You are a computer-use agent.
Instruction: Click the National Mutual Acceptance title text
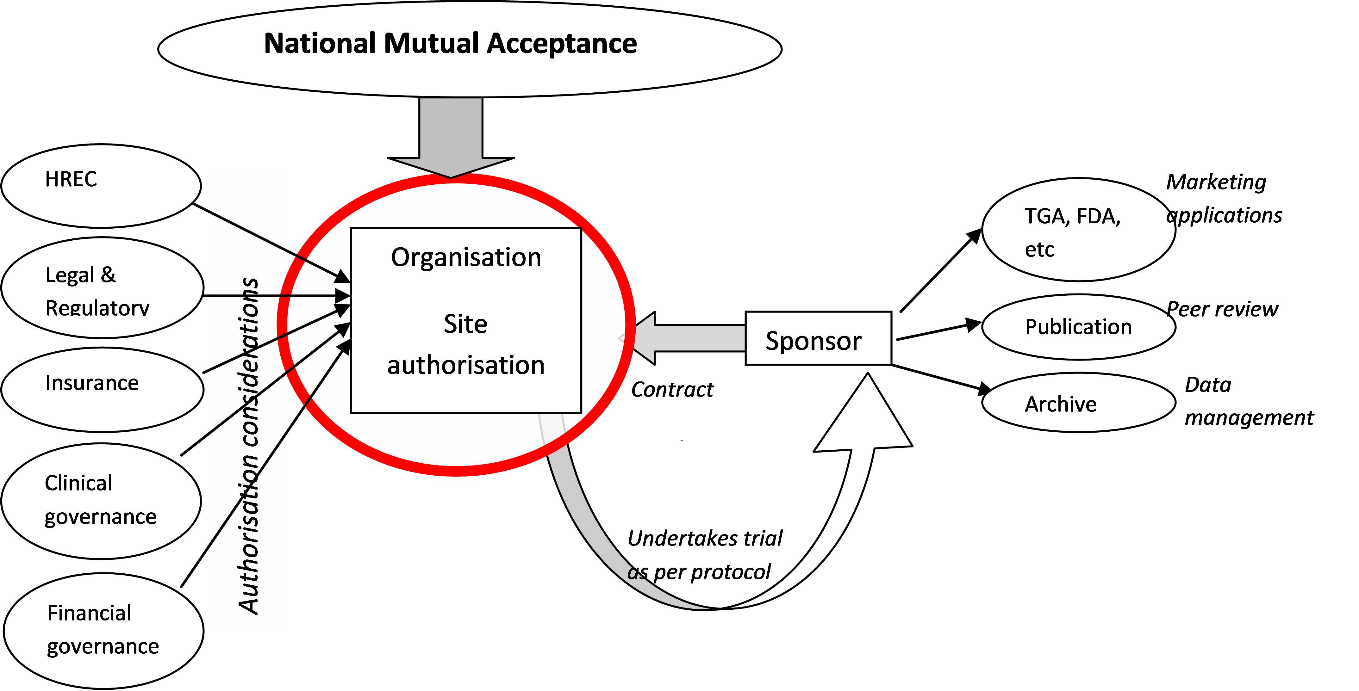450,43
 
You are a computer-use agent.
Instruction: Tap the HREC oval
101,186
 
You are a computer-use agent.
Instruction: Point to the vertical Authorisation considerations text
248,446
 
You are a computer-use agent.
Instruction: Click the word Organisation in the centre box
466,257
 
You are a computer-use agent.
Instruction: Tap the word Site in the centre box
465,324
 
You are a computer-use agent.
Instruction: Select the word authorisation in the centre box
466,365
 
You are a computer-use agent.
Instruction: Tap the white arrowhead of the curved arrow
865,417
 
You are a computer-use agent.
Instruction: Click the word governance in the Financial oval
103,647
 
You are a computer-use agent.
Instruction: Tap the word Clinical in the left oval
78,483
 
